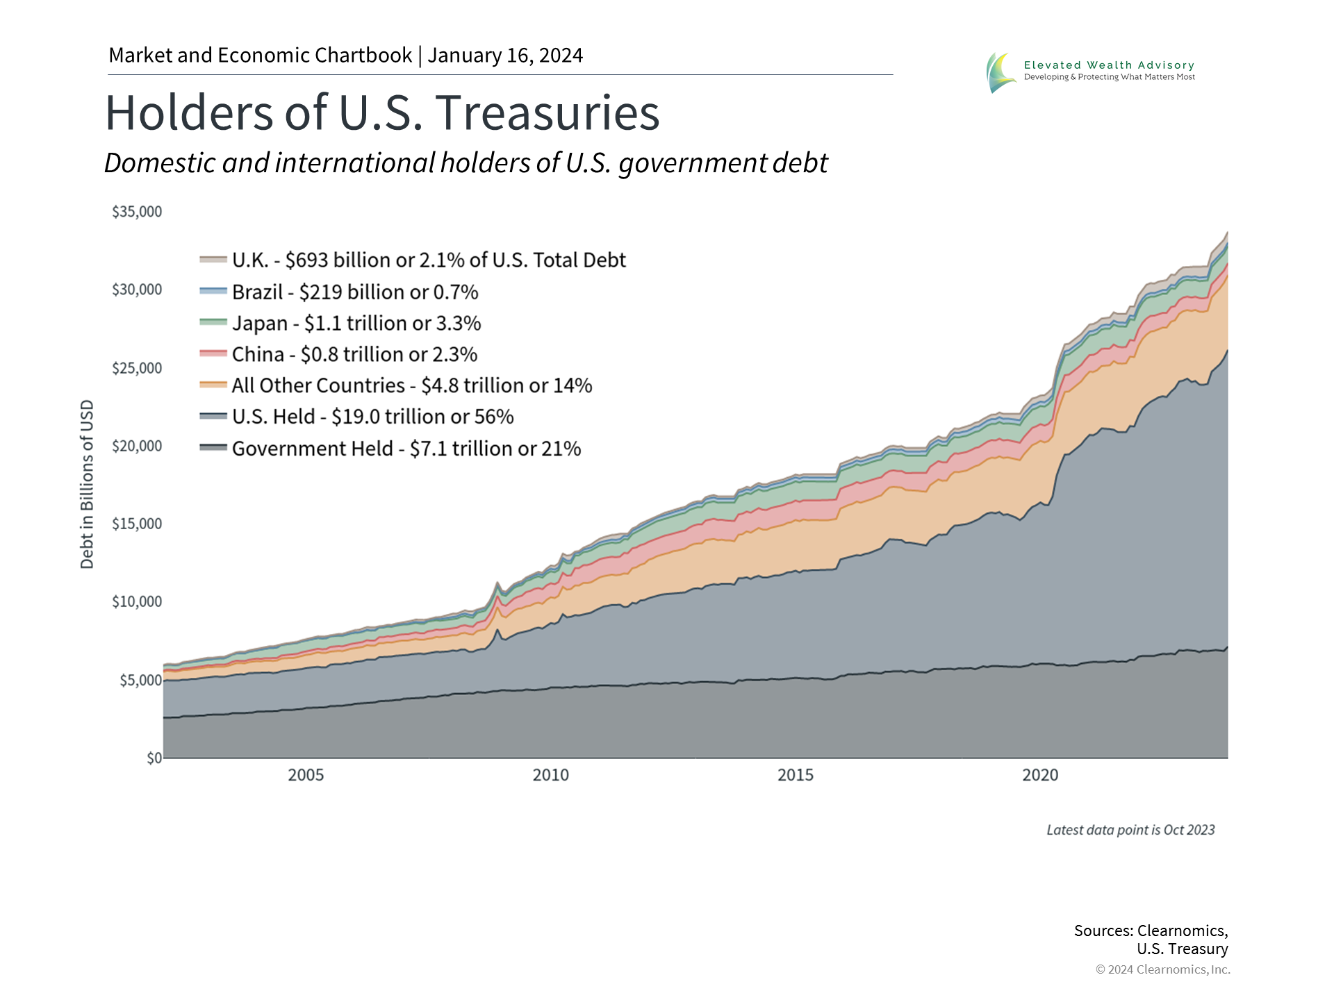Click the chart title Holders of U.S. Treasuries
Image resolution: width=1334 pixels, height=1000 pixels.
click(x=382, y=112)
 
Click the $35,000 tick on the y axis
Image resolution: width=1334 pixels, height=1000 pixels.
click(x=137, y=212)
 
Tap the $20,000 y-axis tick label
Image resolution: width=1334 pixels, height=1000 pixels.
click(x=137, y=446)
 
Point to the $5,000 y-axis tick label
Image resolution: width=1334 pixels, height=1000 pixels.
click(x=140, y=680)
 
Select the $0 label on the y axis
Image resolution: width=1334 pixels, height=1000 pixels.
click(x=154, y=758)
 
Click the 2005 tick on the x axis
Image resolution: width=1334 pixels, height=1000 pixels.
click(x=306, y=775)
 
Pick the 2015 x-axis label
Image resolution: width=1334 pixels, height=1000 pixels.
click(x=795, y=775)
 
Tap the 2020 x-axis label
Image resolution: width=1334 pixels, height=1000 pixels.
click(x=1039, y=775)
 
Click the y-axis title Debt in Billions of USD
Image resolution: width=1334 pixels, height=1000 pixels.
click(x=87, y=484)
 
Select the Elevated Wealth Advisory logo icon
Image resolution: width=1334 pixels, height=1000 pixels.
click(x=1000, y=72)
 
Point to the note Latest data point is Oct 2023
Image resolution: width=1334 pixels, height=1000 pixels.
click(x=1130, y=830)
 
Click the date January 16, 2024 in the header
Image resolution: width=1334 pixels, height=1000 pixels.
click(x=505, y=56)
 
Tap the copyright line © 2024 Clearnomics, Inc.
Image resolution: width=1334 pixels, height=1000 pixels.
click(x=1162, y=969)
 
